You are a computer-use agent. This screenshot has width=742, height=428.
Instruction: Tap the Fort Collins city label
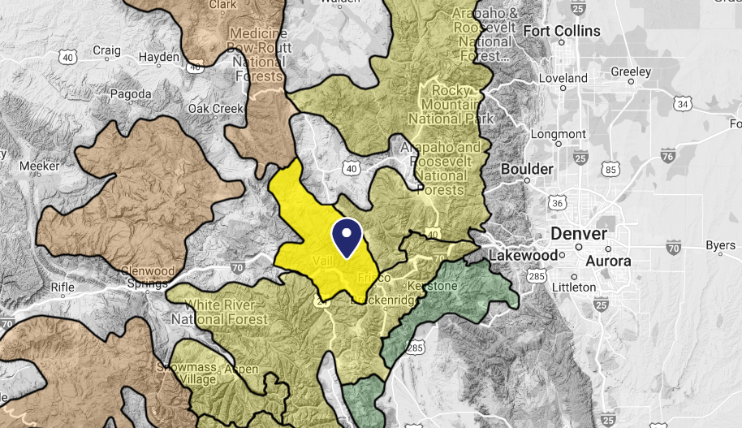tap(562, 32)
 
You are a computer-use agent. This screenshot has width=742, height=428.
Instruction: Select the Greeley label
tap(631, 71)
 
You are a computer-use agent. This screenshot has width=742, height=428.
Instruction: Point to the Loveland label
tap(562, 79)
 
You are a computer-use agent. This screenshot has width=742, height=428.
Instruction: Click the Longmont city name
tap(558, 134)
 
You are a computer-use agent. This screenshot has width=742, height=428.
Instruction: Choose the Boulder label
tap(527, 169)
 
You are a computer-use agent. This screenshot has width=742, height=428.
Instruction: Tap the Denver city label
tap(578, 234)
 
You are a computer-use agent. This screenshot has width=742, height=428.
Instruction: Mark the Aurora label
tap(608, 262)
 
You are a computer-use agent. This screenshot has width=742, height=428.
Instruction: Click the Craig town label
tap(106, 50)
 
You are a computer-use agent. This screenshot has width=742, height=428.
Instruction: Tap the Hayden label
tap(159, 58)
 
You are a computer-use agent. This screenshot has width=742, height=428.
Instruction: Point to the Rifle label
tap(62, 286)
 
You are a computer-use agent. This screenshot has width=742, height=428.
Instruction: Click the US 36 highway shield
tap(555, 201)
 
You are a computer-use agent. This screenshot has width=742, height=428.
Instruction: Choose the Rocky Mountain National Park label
tap(451, 104)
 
